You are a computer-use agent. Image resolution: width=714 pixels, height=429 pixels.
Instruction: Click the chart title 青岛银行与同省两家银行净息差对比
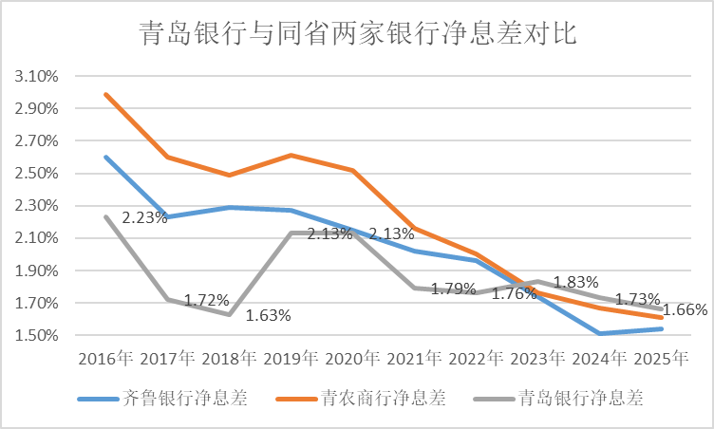[356, 35]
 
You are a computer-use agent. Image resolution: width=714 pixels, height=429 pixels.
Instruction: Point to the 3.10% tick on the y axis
[37, 76]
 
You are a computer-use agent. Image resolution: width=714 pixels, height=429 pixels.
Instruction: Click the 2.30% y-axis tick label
[37, 206]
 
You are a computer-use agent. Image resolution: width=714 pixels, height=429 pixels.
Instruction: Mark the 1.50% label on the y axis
[37, 336]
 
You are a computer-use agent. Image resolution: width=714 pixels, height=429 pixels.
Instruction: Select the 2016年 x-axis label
[106, 360]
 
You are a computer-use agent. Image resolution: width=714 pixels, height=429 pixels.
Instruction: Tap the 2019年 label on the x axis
[291, 360]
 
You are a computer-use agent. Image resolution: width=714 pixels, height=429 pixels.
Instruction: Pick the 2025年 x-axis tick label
[662, 360]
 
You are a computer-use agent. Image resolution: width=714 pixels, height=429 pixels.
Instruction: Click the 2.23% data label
[144, 217]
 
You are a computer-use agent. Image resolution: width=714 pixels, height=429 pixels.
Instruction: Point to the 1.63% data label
[269, 315]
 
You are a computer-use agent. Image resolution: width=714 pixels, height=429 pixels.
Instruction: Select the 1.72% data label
[206, 300]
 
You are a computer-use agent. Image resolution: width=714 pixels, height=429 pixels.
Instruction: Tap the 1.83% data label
[576, 282]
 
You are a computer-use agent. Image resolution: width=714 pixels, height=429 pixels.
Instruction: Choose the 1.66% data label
[686, 309]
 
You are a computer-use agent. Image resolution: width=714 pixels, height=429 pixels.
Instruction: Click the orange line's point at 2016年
[106, 94]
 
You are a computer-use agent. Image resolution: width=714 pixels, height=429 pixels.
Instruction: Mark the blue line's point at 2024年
[600, 333]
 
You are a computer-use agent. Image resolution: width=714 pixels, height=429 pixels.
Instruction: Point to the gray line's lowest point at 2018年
[230, 314]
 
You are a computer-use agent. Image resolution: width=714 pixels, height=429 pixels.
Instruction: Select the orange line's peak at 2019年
[291, 155]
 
